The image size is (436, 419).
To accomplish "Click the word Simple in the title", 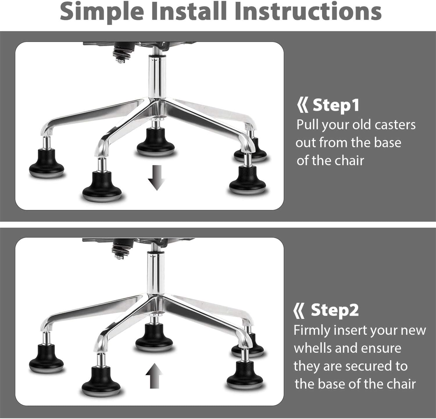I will pos(102,12).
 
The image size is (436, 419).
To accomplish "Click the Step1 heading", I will pos(336,105).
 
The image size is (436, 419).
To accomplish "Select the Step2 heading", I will pos(335,310).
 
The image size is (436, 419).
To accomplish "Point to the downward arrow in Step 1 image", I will pos(157,177).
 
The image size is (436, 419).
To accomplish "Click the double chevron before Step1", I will pos(303,106).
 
